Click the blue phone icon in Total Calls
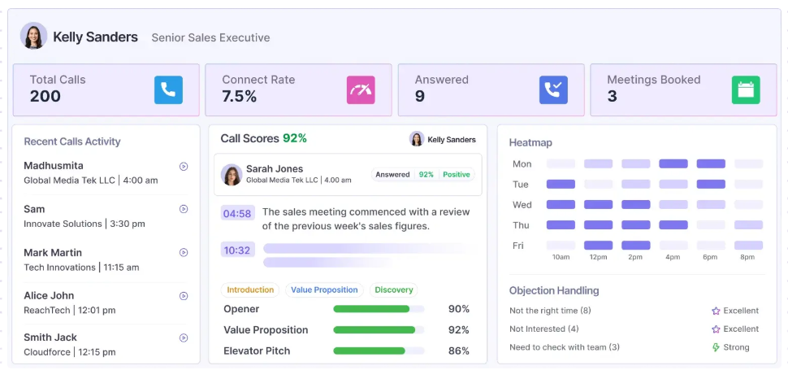168,90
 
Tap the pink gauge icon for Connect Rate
361,90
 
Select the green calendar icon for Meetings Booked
746,90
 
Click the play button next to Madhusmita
184,167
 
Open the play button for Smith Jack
184,338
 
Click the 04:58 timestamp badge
237,213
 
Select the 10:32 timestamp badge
237,250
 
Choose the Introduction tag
250,290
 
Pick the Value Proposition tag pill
324,290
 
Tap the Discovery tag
393,290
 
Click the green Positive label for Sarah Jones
457,175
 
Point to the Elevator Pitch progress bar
379,351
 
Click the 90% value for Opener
459,309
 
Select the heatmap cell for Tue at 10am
561,184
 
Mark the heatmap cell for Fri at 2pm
636,246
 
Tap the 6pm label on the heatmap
711,258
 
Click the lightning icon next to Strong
717,347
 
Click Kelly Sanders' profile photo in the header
33,36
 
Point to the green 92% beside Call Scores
295,138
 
